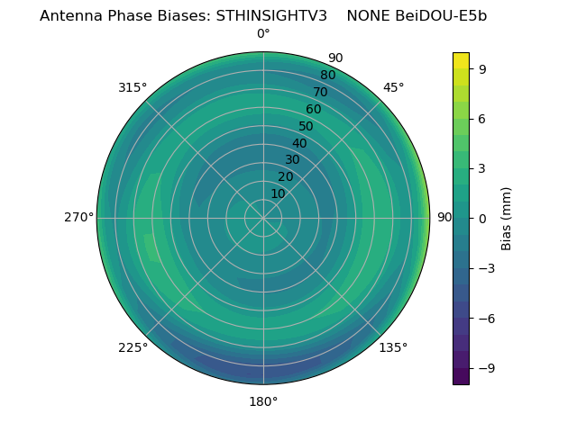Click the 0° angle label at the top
tap(263, 34)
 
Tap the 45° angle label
tap(394, 87)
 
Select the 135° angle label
tap(393, 347)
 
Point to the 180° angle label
tap(263, 401)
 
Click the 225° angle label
tap(133, 347)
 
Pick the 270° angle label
tap(79, 218)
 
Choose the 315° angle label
tap(133, 87)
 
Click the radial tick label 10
tap(278, 193)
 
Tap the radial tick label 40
tap(299, 143)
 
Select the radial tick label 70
tap(320, 92)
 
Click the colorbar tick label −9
tap(485, 368)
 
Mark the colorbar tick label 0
tap(482, 218)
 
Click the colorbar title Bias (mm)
tap(507, 218)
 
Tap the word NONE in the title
tap(368, 15)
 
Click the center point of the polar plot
tap(263, 218)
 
